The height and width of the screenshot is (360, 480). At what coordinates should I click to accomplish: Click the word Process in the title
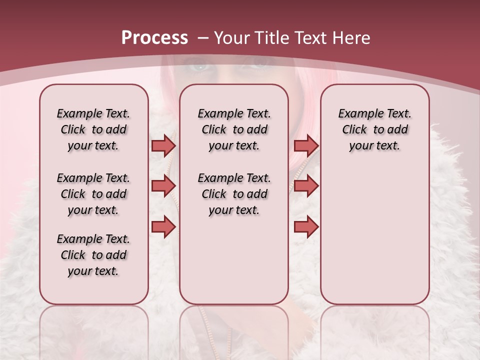click(x=154, y=37)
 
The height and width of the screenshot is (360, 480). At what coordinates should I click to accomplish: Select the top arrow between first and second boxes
click(x=163, y=145)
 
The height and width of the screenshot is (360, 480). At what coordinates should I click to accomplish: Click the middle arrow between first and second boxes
click(x=163, y=186)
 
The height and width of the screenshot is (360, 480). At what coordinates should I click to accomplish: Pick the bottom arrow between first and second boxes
click(x=163, y=227)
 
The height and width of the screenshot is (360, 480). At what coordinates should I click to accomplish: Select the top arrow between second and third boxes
click(x=306, y=145)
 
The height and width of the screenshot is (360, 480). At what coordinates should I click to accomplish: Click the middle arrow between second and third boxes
click(x=306, y=186)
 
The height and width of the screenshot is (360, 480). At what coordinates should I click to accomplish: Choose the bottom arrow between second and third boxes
click(x=306, y=227)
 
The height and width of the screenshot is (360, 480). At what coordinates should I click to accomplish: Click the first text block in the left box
click(x=93, y=129)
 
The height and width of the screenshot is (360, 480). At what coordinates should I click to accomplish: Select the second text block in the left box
click(x=93, y=194)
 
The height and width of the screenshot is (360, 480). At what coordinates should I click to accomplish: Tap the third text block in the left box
click(x=93, y=255)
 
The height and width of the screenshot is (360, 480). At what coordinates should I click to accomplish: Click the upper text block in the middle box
click(x=234, y=129)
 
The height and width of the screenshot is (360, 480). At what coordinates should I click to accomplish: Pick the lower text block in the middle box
click(x=234, y=194)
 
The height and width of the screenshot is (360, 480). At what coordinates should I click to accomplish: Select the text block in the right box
click(x=374, y=129)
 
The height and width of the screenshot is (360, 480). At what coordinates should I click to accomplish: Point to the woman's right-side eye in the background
click(x=259, y=65)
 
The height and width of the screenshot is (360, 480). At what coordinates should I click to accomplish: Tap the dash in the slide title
click(x=202, y=38)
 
